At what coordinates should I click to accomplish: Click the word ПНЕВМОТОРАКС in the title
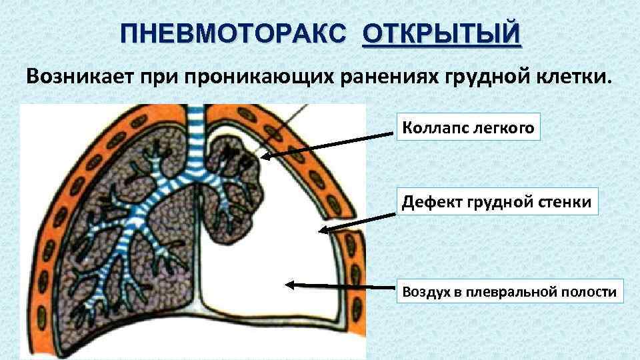[x=235, y=33]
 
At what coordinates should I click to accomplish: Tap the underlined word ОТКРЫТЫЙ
[x=442, y=33]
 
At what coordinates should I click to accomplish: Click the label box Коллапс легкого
[x=468, y=127]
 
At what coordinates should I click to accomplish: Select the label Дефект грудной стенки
[x=497, y=201]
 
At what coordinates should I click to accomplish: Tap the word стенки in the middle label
[x=566, y=201]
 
